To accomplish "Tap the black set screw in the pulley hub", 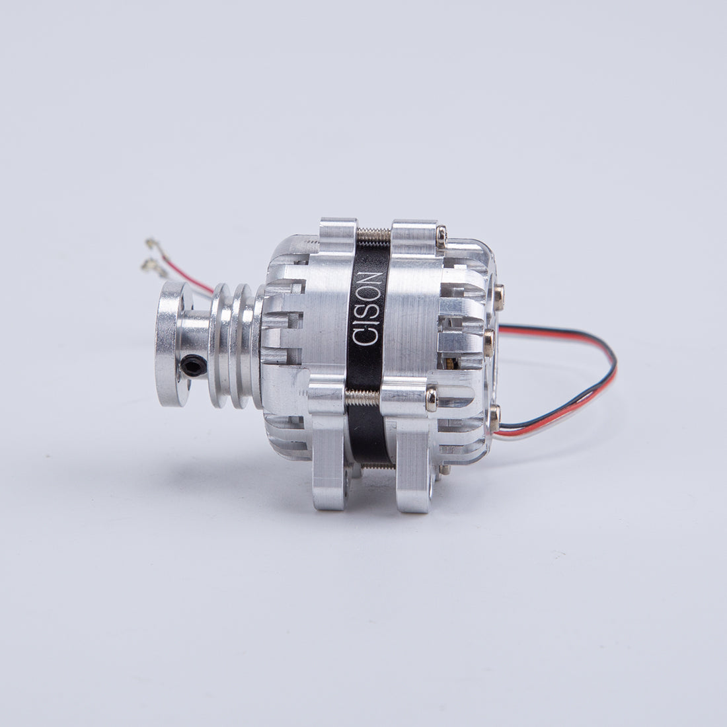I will pos(191,364).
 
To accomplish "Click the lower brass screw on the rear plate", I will pos(494,412).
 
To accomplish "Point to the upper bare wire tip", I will pos(151,243).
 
